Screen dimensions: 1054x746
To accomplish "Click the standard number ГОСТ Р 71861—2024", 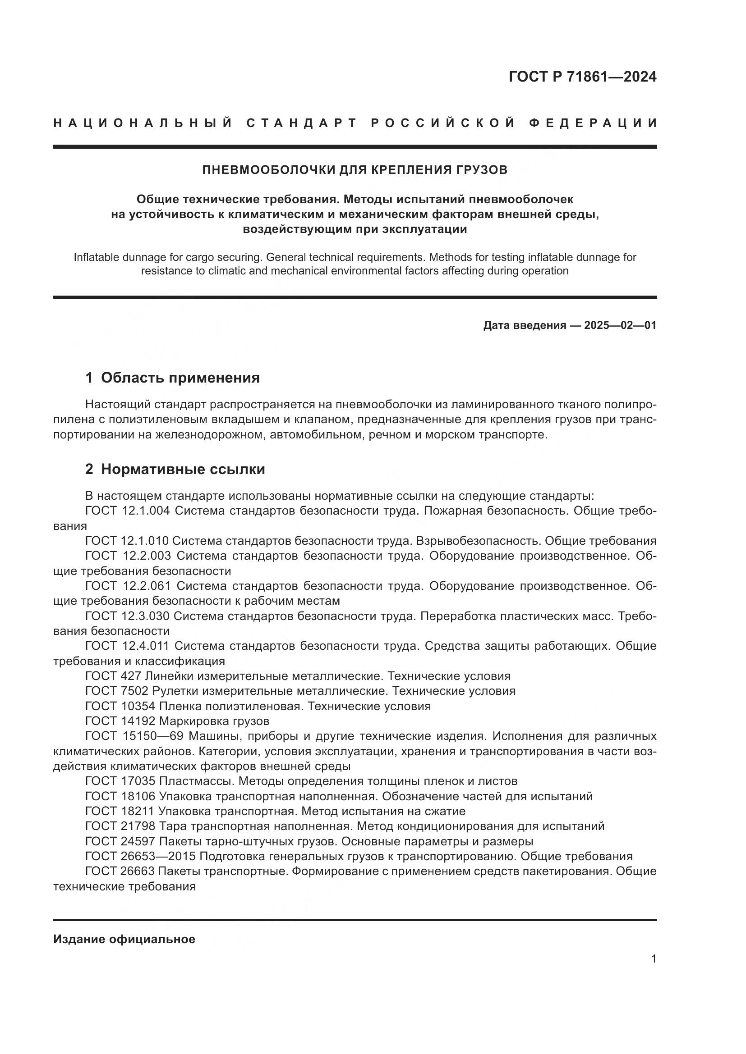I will point(582,77).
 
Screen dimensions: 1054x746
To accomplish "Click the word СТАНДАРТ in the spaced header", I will point(302,123).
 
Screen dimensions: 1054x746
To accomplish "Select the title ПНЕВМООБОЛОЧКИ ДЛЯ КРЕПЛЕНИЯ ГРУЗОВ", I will point(355,170).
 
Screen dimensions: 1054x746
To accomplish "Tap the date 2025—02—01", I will point(620,325).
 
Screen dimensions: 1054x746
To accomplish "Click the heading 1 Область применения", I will point(173,378).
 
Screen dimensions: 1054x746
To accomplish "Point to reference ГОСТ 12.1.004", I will point(127,511).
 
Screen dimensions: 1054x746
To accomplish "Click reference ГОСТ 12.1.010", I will point(127,541).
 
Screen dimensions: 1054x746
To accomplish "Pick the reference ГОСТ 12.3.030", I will point(127,616).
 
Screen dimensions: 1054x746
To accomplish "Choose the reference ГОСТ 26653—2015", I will point(141,856).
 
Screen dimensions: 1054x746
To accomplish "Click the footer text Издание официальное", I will point(124,939).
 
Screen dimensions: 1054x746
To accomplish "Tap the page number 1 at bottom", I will point(654,959).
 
